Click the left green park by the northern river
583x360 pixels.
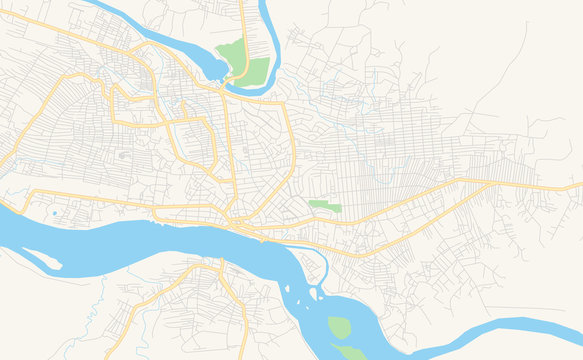click(230, 52)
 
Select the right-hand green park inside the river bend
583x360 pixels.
click(256, 71)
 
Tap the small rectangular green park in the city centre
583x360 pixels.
click(324, 206)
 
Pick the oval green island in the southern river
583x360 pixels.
click(339, 327)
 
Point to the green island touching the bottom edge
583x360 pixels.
click(350, 352)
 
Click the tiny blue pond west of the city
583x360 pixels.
click(53, 212)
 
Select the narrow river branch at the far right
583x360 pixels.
click(520, 327)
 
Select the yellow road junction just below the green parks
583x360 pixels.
click(222, 90)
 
